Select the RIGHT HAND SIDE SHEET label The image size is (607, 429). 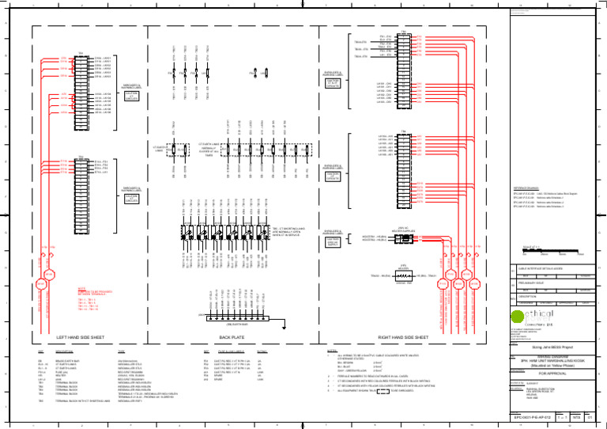(x=405, y=336)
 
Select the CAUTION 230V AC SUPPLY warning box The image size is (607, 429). (x=333, y=238)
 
